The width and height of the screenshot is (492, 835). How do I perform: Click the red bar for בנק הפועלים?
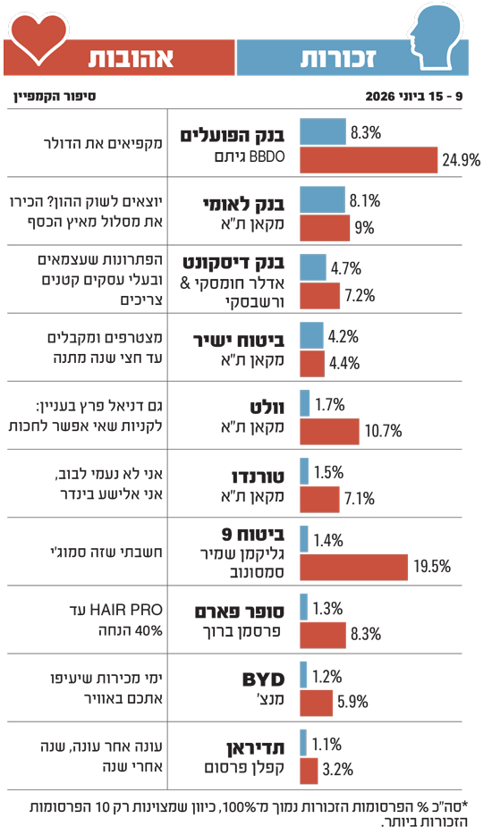point(369,160)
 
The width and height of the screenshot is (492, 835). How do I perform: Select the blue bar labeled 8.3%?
point(323,131)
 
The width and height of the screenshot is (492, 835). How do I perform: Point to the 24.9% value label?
point(461,160)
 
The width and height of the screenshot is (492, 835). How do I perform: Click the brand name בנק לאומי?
point(243,204)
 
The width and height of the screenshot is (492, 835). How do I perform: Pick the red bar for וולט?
point(329,431)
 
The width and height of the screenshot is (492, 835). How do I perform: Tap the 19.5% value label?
point(432,567)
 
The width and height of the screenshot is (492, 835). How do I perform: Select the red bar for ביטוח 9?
point(354,567)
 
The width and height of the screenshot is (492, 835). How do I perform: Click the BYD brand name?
point(263,679)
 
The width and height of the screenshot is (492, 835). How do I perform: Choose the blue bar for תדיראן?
point(303,743)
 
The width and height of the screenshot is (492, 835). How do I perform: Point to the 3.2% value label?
point(338,770)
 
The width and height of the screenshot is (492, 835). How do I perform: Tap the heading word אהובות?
point(131,57)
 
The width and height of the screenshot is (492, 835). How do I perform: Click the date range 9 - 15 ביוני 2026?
point(414,97)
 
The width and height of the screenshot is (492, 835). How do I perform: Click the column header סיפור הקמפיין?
point(55,97)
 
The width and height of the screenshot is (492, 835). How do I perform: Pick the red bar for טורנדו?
point(319,500)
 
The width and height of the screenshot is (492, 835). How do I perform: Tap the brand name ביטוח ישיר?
point(238,341)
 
